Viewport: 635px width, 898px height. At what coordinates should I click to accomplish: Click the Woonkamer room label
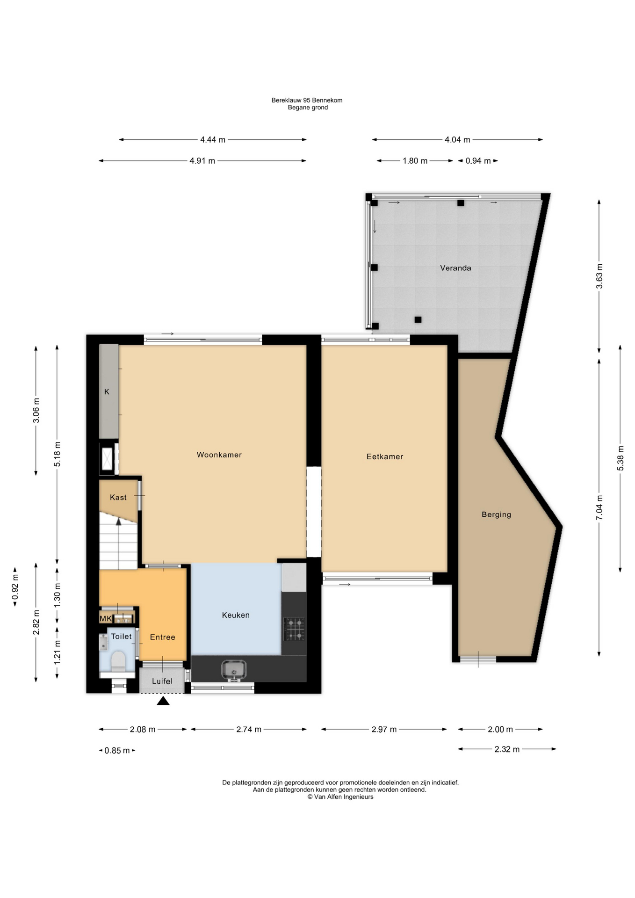219,455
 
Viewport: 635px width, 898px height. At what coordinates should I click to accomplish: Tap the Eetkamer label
384,456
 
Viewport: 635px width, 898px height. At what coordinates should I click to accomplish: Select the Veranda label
455,268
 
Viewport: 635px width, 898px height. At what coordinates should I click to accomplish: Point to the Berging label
496,514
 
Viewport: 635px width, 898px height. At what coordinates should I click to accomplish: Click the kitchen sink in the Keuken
233,670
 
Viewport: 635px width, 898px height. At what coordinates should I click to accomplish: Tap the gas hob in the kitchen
295,629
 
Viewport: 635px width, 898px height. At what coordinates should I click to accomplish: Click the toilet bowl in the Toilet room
118,661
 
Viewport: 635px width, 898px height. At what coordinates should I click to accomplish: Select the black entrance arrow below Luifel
163,701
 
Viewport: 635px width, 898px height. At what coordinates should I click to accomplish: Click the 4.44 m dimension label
213,139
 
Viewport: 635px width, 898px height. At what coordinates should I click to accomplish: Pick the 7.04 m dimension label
599,507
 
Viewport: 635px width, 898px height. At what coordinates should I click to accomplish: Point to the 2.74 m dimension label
249,729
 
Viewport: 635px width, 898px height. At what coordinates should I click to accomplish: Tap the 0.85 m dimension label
117,751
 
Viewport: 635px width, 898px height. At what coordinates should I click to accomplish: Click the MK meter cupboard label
106,618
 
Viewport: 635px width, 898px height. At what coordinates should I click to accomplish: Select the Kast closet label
118,497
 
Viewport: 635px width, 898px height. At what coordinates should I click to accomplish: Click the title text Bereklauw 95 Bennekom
307,100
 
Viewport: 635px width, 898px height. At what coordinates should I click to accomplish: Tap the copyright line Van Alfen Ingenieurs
340,797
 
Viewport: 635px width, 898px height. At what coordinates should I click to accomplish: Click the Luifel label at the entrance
162,681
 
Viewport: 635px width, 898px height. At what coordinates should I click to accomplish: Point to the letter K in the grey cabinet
107,391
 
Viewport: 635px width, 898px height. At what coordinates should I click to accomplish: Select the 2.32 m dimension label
507,749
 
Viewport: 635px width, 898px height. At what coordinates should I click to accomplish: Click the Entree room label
162,637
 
